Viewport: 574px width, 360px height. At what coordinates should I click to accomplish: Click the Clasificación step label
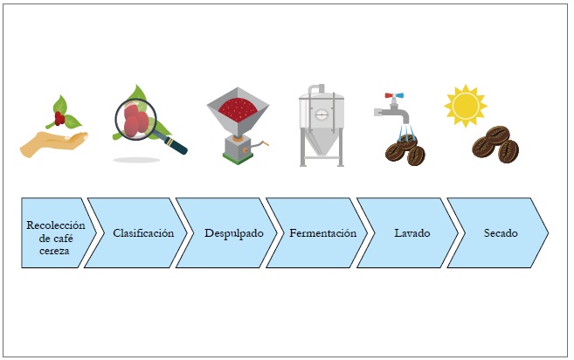pyautogui.click(x=143, y=233)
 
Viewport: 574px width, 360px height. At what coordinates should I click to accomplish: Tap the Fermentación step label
pyautogui.click(x=323, y=233)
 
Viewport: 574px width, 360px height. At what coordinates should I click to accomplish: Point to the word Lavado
pyautogui.click(x=411, y=233)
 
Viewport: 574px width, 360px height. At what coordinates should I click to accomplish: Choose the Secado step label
pyautogui.click(x=501, y=233)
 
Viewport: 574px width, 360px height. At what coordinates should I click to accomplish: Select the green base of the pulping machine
pyautogui.click(x=235, y=158)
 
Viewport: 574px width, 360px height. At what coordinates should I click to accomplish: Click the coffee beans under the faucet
pyautogui.click(x=405, y=153)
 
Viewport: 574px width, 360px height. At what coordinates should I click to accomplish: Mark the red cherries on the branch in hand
pyautogui.click(x=59, y=119)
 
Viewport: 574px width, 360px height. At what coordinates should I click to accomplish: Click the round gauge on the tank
pyautogui.click(x=321, y=114)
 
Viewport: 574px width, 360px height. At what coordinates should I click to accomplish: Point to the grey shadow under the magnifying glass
pyautogui.click(x=136, y=160)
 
